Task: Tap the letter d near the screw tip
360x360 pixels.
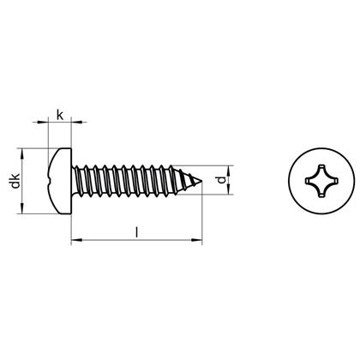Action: [x=222, y=180]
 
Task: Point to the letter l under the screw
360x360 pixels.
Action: [x=138, y=231]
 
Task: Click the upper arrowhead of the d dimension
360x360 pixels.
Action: [x=231, y=168]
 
